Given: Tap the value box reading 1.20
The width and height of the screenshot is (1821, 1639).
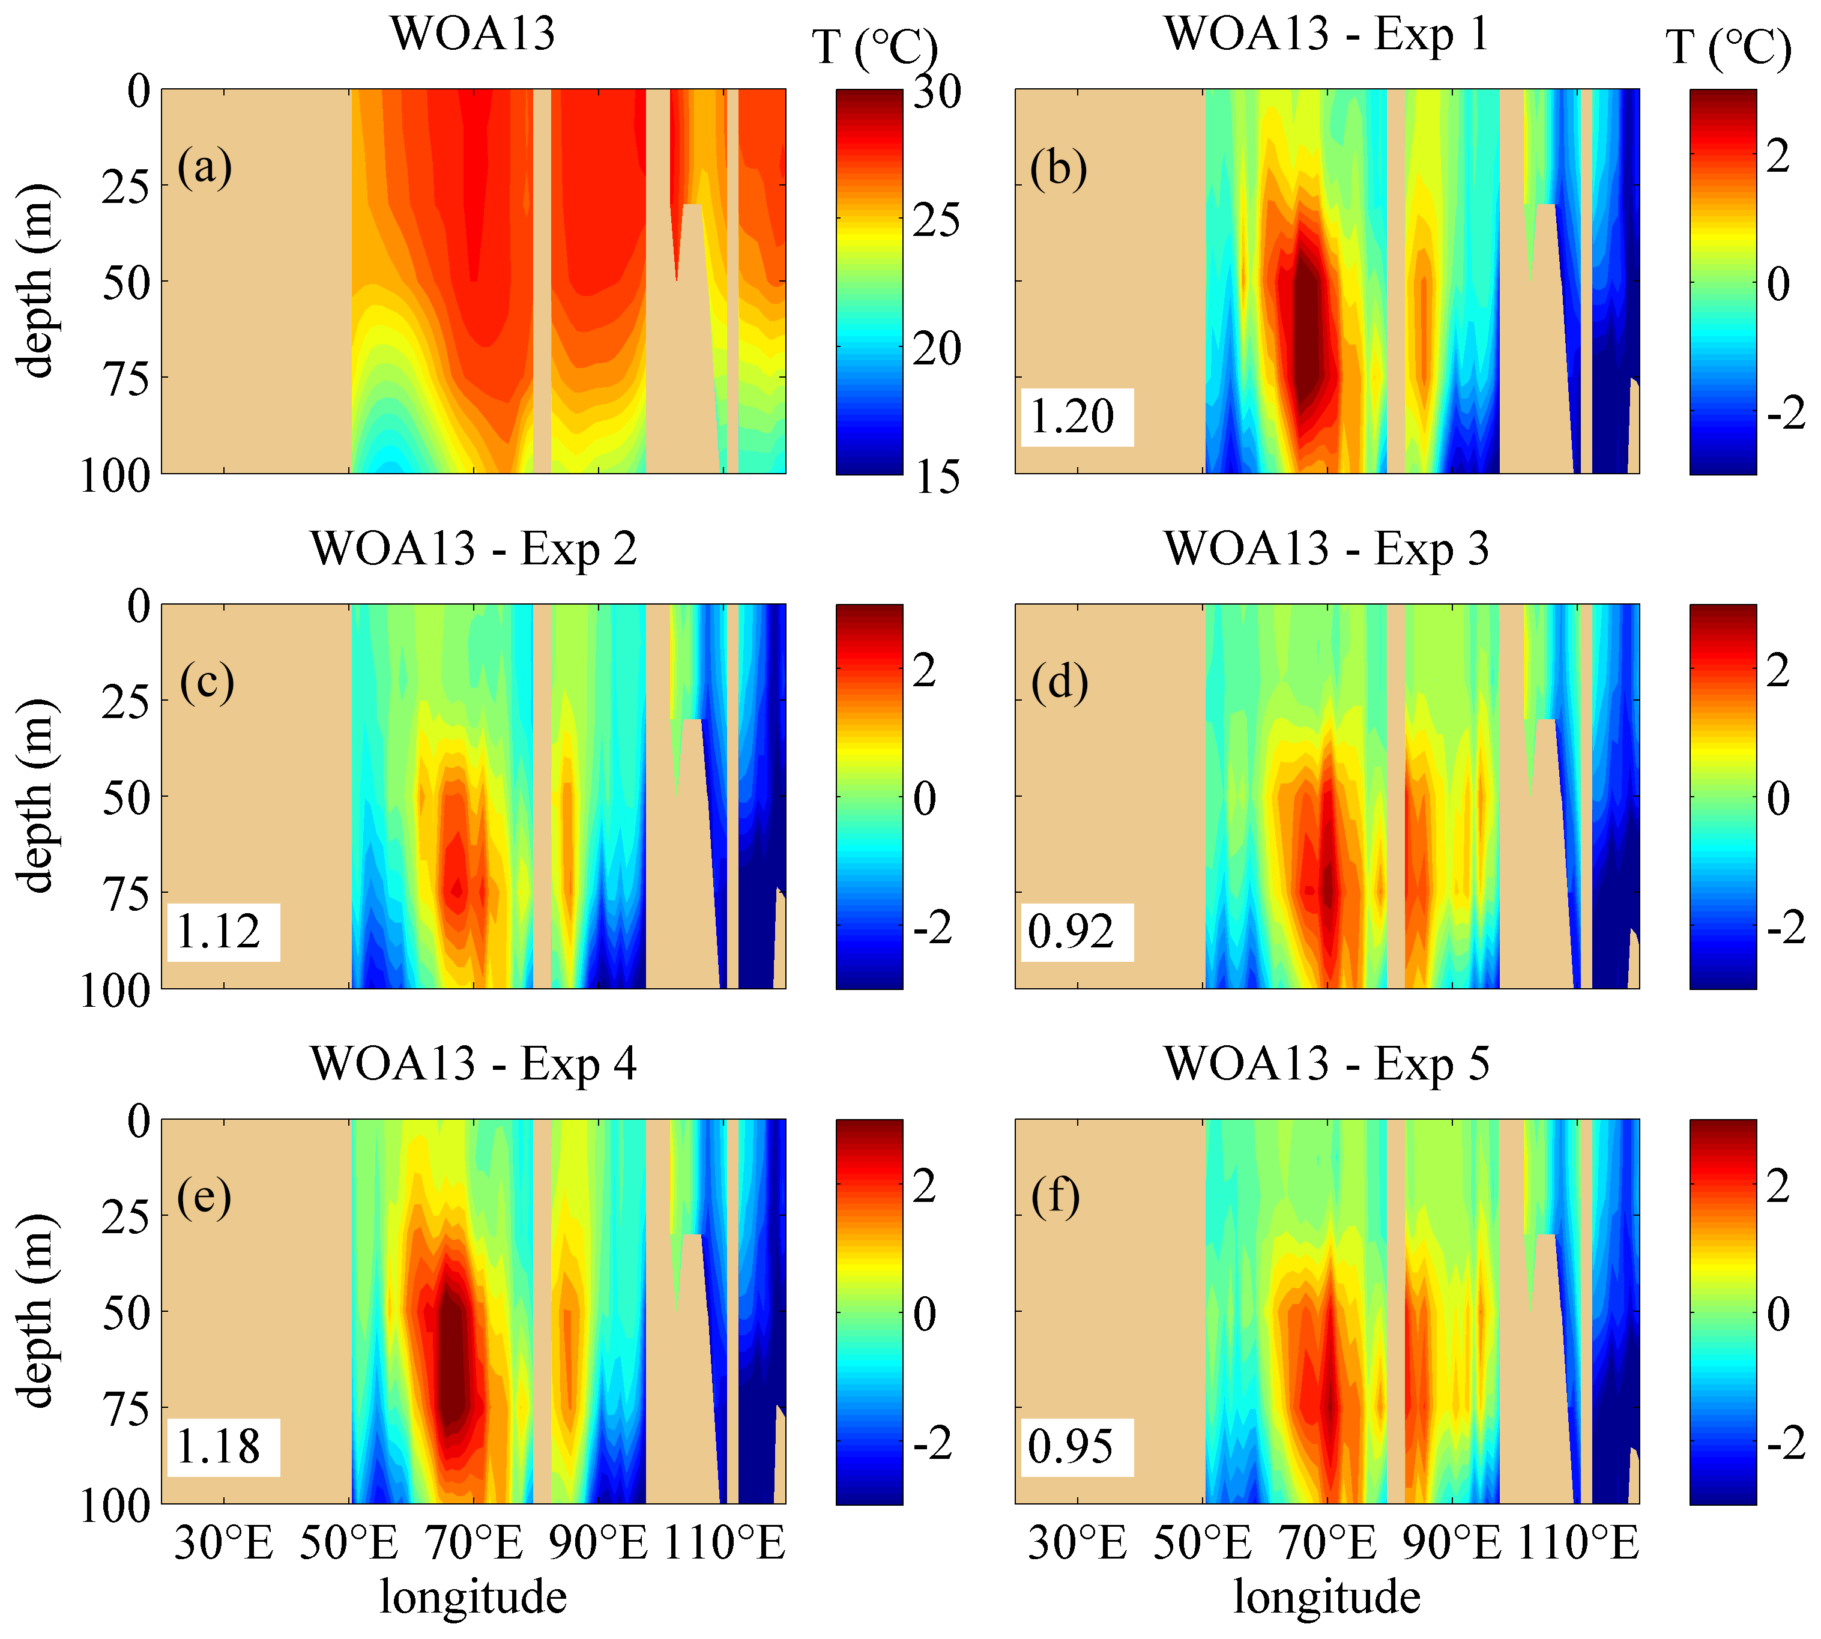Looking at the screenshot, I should point(1075,417).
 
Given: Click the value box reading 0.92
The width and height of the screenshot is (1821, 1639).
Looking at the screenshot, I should point(1075,932).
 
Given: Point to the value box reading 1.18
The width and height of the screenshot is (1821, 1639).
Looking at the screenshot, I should point(222,1447).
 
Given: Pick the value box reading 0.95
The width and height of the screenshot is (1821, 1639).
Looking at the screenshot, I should point(1075,1447).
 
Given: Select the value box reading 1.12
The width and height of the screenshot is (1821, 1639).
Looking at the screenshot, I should point(222,932).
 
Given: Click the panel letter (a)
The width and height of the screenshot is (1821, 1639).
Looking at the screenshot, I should point(204,168).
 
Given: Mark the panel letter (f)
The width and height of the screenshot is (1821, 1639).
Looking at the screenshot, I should point(1057,1198).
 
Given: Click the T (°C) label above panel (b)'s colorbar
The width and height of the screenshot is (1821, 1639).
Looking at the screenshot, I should point(1727,47).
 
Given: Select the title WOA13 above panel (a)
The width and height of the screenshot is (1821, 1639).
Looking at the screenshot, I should point(473,34).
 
